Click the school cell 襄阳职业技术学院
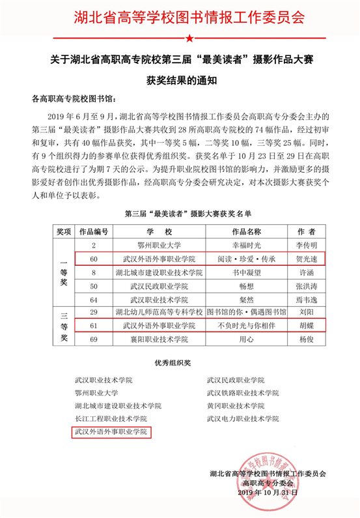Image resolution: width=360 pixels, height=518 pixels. (159, 339)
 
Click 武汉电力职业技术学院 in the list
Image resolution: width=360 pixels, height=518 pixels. (242, 418)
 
